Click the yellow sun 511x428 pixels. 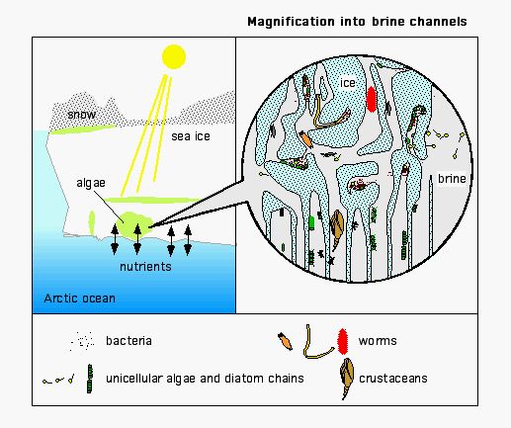coord(174,56)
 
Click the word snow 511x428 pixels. coord(81,115)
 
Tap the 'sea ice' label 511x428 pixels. coord(191,136)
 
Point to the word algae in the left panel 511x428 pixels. coord(91,183)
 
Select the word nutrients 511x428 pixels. coord(145,266)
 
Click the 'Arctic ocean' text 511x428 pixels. coord(79,299)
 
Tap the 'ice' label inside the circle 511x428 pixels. coord(348,83)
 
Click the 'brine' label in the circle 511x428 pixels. coord(452,179)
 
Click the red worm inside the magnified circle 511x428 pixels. coord(372,99)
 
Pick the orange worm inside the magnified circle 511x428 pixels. coord(306,139)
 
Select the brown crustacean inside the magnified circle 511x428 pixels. coord(336,228)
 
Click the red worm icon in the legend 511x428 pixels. coord(342,341)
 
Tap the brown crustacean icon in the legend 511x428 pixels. coord(347,378)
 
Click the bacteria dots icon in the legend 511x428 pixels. coord(82,341)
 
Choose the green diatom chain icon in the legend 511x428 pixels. coord(90,379)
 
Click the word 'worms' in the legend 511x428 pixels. coord(378,341)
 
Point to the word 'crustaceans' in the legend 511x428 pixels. coord(393,379)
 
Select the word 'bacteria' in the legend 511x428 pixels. coord(128,340)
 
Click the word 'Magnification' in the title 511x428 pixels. coord(291,22)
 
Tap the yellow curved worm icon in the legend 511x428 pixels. coord(317,343)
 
